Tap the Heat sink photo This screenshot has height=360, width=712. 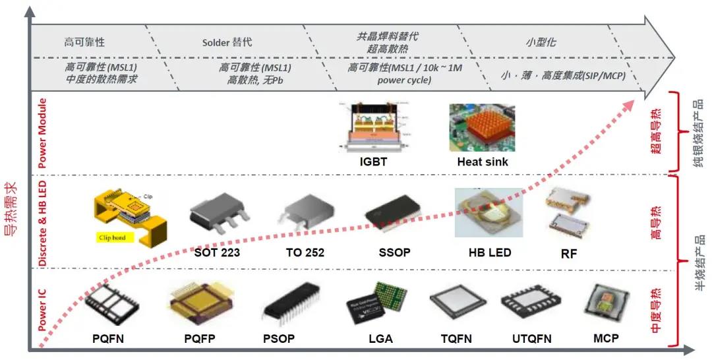482,128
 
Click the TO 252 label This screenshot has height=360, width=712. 305,253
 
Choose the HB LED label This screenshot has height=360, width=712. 489,253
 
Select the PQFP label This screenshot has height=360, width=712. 199,339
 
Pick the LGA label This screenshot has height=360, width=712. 380,339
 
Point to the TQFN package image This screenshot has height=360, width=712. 456,305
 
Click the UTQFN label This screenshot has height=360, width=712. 531,339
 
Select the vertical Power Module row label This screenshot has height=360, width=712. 42,133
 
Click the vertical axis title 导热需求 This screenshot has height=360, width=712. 11,211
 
